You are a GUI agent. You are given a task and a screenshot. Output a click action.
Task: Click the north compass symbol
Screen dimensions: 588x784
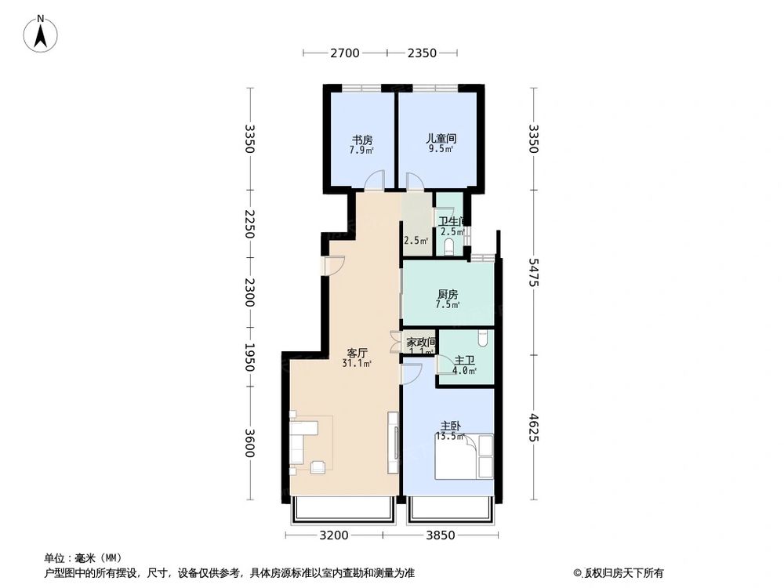(42, 34)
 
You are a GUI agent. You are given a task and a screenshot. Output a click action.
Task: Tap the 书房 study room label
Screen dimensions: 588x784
(361, 140)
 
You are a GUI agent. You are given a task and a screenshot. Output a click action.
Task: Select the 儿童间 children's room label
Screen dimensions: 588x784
(441, 138)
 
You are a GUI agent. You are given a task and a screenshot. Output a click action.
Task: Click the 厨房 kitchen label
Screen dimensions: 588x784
(448, 295)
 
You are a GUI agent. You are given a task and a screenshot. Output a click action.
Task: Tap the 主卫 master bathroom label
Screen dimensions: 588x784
(465, 361)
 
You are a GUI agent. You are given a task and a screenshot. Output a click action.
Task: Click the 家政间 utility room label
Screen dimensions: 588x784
(421, 343)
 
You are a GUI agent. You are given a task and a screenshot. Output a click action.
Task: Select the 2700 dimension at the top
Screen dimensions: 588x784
(344, 53)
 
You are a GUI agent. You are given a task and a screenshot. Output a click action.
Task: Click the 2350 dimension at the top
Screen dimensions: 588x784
(421, 53)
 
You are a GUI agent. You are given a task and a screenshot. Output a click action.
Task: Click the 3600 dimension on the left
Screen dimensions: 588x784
(249, 443)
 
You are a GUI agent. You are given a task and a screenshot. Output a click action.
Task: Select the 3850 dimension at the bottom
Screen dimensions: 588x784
(441, 536)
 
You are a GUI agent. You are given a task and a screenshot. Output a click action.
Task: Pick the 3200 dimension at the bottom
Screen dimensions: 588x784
(333, 536)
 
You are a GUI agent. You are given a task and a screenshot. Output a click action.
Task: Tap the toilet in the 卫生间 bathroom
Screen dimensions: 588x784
(449, 248)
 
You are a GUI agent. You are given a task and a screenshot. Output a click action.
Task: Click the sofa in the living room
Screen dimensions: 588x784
(299, 443)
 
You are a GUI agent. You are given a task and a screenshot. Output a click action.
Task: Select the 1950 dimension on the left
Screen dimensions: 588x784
(249, 359)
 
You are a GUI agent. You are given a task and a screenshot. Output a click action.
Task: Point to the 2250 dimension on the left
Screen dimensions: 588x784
(249, 224)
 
